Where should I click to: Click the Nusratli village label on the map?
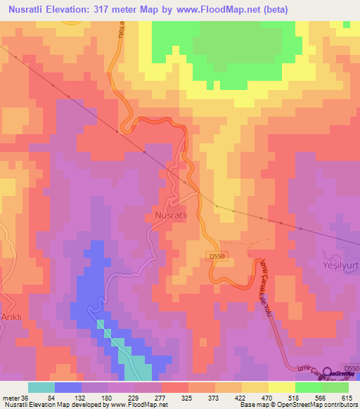170,212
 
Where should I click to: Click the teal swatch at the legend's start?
41,387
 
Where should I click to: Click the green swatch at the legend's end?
335,387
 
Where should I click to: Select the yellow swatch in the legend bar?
282,387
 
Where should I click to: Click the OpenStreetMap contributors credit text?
321,405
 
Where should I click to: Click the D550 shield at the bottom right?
351,368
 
